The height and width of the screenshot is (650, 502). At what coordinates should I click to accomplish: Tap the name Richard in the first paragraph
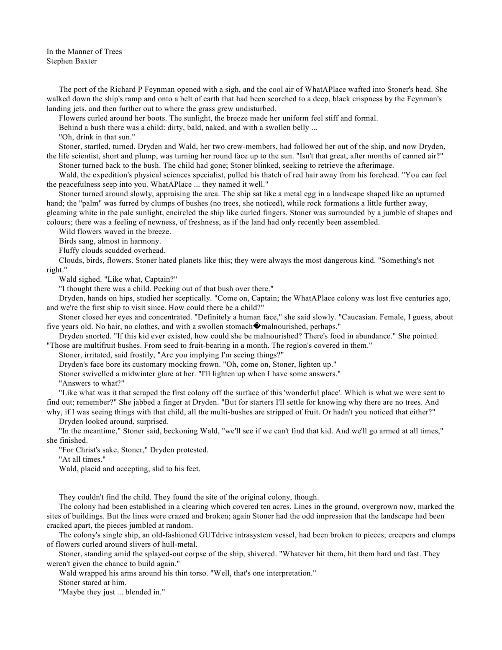tap(122, 89)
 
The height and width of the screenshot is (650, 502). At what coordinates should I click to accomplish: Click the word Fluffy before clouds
tap(69, 251)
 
